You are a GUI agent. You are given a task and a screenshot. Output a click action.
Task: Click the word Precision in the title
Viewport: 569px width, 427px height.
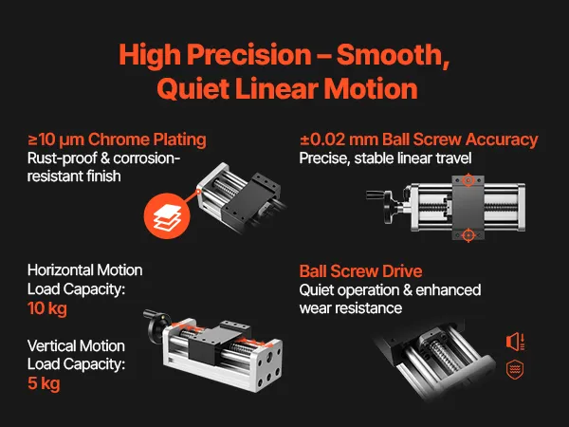[249, 54]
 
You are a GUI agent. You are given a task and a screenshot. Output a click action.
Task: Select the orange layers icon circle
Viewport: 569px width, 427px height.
[167, 215]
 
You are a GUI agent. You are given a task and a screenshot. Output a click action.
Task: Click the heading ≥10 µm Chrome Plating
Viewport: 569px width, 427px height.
[117, 139]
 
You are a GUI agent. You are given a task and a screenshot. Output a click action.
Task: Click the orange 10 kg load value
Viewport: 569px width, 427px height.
[47, 308]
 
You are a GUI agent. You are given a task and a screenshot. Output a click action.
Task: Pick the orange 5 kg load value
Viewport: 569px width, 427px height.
[44, 383]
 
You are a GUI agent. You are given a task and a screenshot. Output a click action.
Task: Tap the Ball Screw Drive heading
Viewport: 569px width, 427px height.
[360, 271]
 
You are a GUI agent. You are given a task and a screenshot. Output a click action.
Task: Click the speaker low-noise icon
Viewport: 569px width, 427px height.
[515, 342]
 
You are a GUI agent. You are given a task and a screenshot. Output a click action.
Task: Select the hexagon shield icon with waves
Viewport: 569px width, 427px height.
[515, 369]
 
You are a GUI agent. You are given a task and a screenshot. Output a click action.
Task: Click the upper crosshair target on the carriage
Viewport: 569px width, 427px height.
[468, 180]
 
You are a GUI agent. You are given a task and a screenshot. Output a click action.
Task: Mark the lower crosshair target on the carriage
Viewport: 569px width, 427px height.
[468, 235]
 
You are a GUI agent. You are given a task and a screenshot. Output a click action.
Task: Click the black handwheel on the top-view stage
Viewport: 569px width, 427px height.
[390, 208]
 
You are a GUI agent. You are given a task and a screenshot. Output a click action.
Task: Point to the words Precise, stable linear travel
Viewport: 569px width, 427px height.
[385, 158]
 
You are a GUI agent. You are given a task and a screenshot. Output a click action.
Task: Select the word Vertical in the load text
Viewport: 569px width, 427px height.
[52, 346]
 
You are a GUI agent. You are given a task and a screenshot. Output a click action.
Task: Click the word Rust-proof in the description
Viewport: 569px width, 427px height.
[61, 158]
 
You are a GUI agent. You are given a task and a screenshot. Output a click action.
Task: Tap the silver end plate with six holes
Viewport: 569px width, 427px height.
[268, 364]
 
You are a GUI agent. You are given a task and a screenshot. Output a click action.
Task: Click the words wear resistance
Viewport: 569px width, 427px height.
[351, 308]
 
